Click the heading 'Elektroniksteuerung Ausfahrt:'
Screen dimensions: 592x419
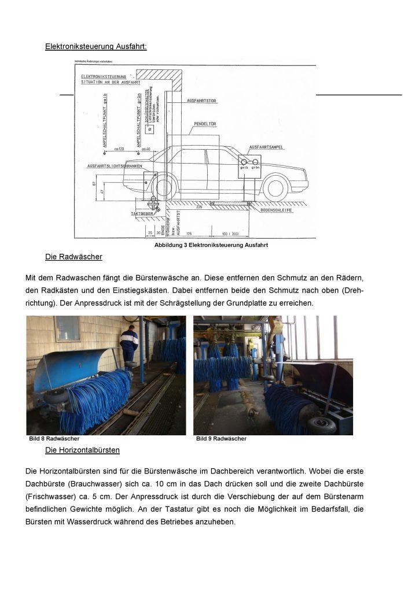(96, 46)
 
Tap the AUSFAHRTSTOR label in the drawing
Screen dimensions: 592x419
(202, 101)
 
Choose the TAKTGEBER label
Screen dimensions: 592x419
(141, 213)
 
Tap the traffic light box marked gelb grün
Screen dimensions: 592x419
(249, 164)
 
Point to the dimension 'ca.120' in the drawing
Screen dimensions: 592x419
(120, 149)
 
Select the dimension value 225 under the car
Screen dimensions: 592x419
(199, 206)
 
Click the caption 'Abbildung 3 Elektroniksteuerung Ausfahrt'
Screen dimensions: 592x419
(211, 245)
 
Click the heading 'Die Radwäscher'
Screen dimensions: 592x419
(73, 256)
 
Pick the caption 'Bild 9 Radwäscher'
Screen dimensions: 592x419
(221, 439)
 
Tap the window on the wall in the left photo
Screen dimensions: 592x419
(67, 328)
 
